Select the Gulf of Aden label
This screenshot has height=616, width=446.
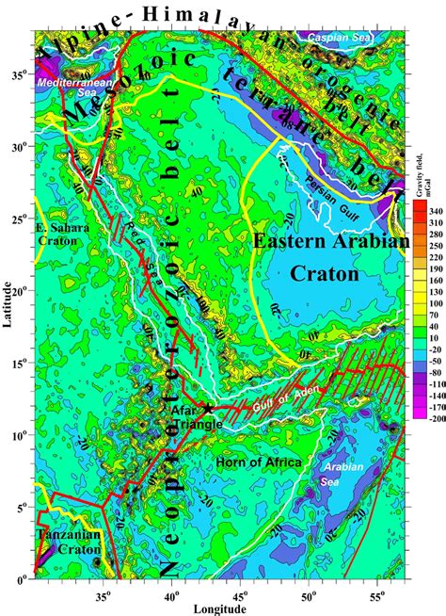click(x=270, y=399)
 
